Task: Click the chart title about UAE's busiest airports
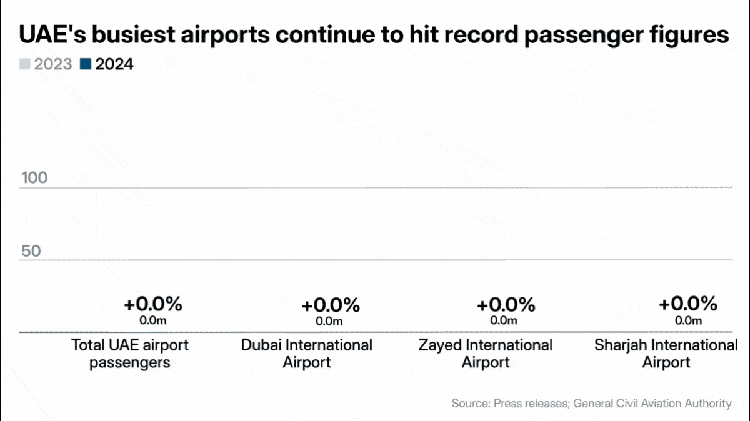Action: [374, 34]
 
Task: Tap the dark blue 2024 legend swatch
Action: [86, 64]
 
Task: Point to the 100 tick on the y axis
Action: [34, 178]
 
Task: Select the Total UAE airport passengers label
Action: [130, 354]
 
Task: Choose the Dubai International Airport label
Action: [307, 354]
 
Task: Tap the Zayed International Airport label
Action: [486, 354]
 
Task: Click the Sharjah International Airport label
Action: [666, 354]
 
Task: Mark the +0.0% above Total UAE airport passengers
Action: [152, 305]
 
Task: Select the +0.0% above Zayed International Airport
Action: [506, 305]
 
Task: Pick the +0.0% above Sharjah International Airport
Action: [688, 304]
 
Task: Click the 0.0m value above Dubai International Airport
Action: [329, 321]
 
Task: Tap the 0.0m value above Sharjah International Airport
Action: [688, 320]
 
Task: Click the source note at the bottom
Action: [591, 404]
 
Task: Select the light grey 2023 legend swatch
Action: [24, 64]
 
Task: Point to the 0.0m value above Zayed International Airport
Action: [504, 320]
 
